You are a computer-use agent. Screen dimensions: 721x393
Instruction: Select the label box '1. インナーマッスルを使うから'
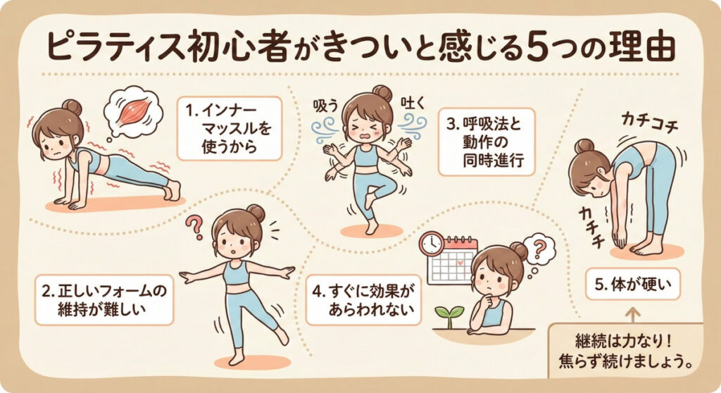229,128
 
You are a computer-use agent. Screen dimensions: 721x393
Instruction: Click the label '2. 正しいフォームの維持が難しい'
104,300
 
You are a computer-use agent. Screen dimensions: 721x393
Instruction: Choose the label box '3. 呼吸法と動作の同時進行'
487,142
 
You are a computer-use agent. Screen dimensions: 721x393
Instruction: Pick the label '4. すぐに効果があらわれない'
364,300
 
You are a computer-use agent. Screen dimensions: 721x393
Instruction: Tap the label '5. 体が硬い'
633,285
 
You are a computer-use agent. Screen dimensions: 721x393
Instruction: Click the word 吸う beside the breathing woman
325,106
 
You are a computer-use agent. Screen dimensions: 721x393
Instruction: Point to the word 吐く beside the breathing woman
412,103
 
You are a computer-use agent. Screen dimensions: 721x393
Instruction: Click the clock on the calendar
431,244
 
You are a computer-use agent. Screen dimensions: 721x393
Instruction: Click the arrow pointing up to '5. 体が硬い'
633,316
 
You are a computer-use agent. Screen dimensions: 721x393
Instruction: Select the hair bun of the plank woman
72,108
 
